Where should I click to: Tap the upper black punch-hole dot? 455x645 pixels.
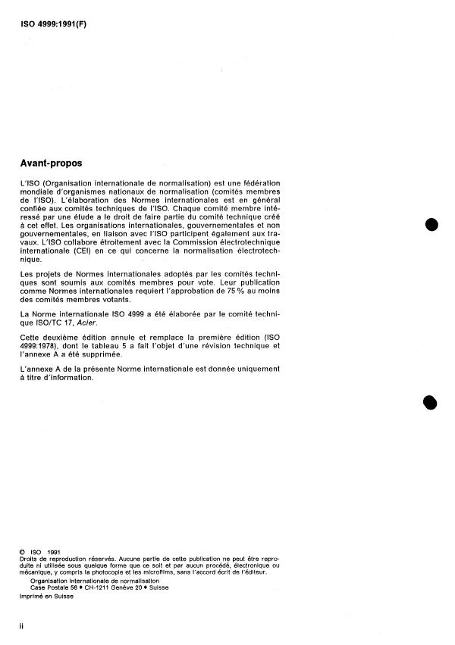(x=432, y=224)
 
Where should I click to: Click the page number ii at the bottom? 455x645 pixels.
(x=21, y=627)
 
